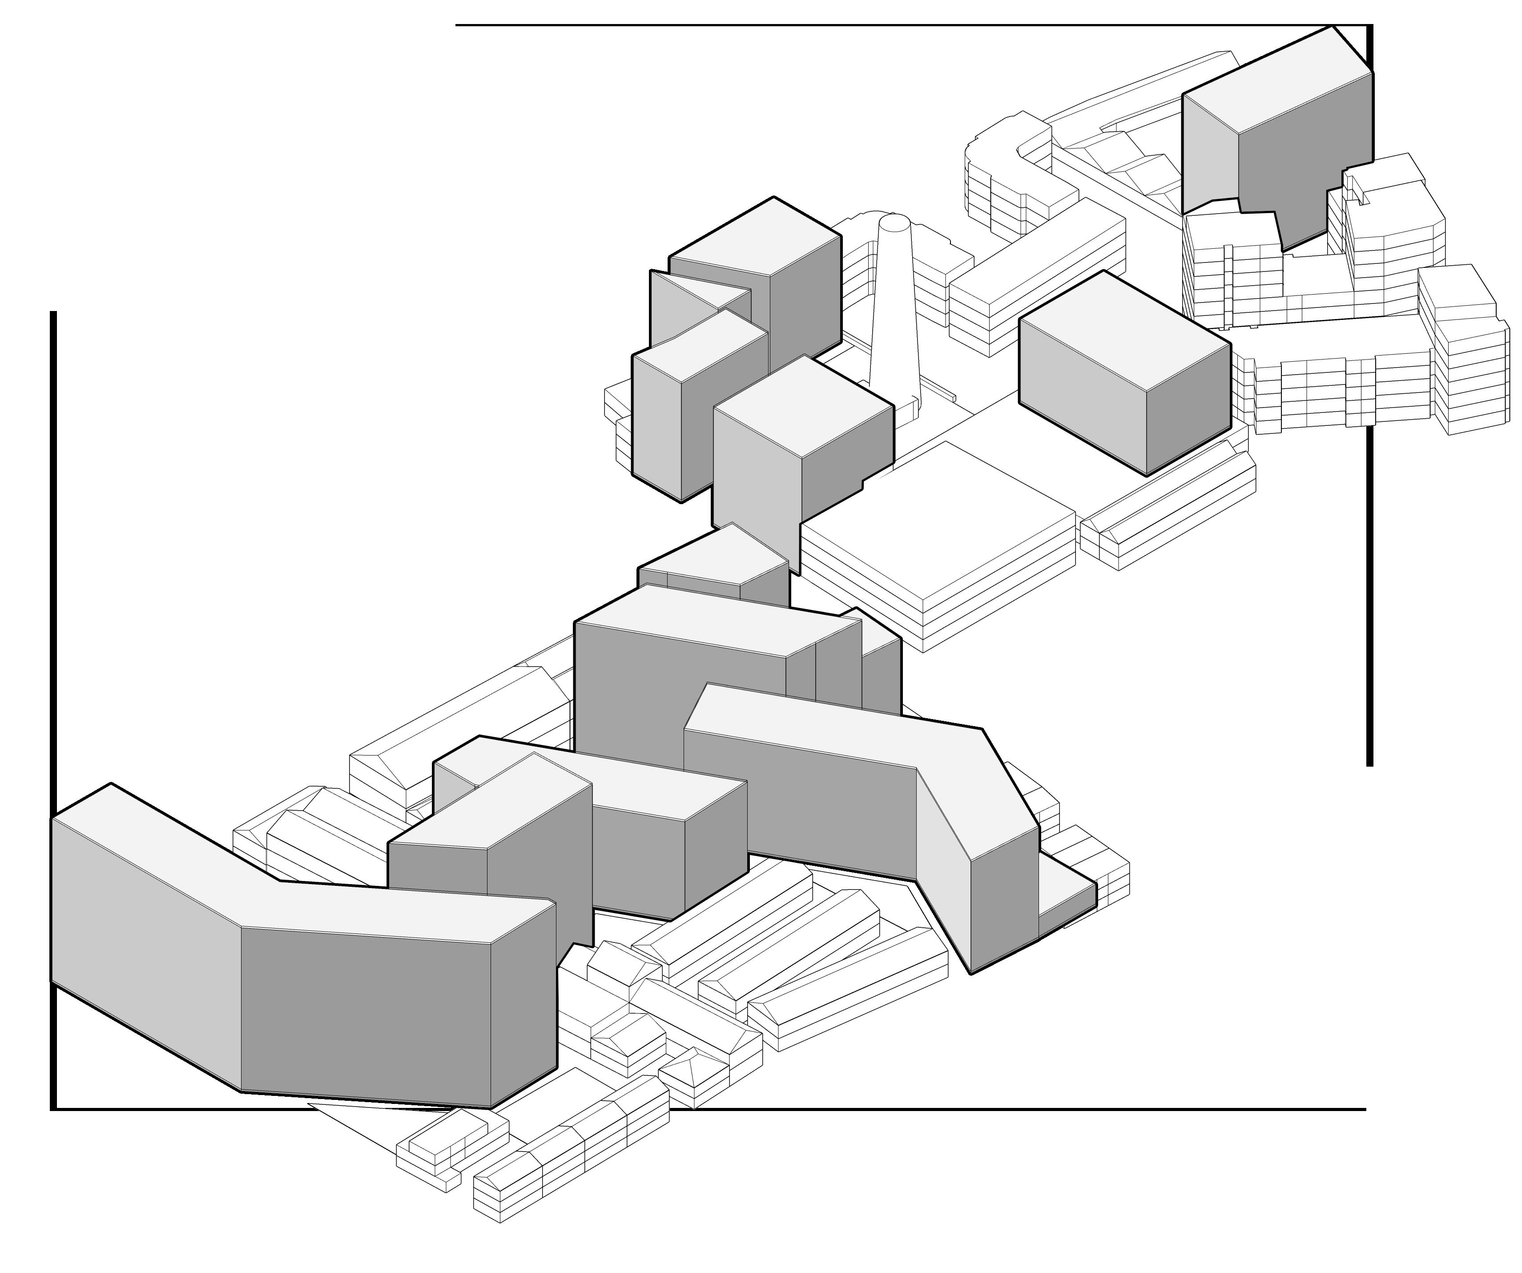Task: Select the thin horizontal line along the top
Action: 797,25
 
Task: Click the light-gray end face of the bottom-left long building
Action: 145,942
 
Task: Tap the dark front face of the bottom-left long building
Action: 362,1015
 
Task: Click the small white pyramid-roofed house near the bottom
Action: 692,1073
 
